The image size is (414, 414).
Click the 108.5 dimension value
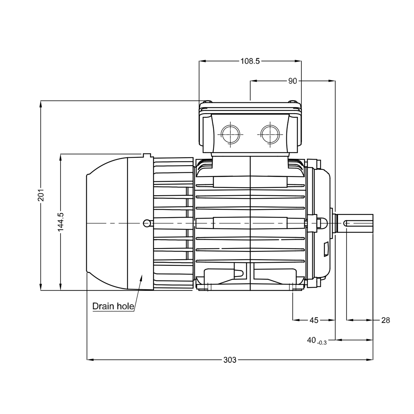tap(250, 61)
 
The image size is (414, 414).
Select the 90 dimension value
tap(293, 81)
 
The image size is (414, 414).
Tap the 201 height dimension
tap(41, 195)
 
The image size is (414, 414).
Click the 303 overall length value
tap(230, 360)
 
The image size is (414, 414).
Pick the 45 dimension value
tap(314, 320)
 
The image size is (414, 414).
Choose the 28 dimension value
tap(385, 320)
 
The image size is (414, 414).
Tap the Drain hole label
tap(113, 306)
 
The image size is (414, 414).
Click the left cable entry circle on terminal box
tap(230, 134)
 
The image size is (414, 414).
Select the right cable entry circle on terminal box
tap(269, 134)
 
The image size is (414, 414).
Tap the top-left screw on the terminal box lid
tap(207, 102)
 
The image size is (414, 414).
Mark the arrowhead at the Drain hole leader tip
tap(142, 278)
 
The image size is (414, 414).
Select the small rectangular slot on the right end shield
tap(326, 249)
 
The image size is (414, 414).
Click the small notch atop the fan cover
tap(147, 155)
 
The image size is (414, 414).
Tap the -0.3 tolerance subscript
tap(322, 343)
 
